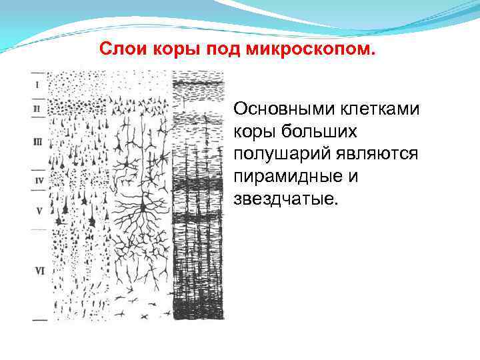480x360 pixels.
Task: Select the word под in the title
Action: tap(225, 49)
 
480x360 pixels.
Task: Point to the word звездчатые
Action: tap(285, 199)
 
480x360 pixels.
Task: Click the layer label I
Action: tap(37, 85)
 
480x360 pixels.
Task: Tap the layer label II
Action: tap(37, 107)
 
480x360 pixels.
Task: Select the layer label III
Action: tap(38, 141)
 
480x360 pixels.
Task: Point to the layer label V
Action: tap(38, 211)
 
